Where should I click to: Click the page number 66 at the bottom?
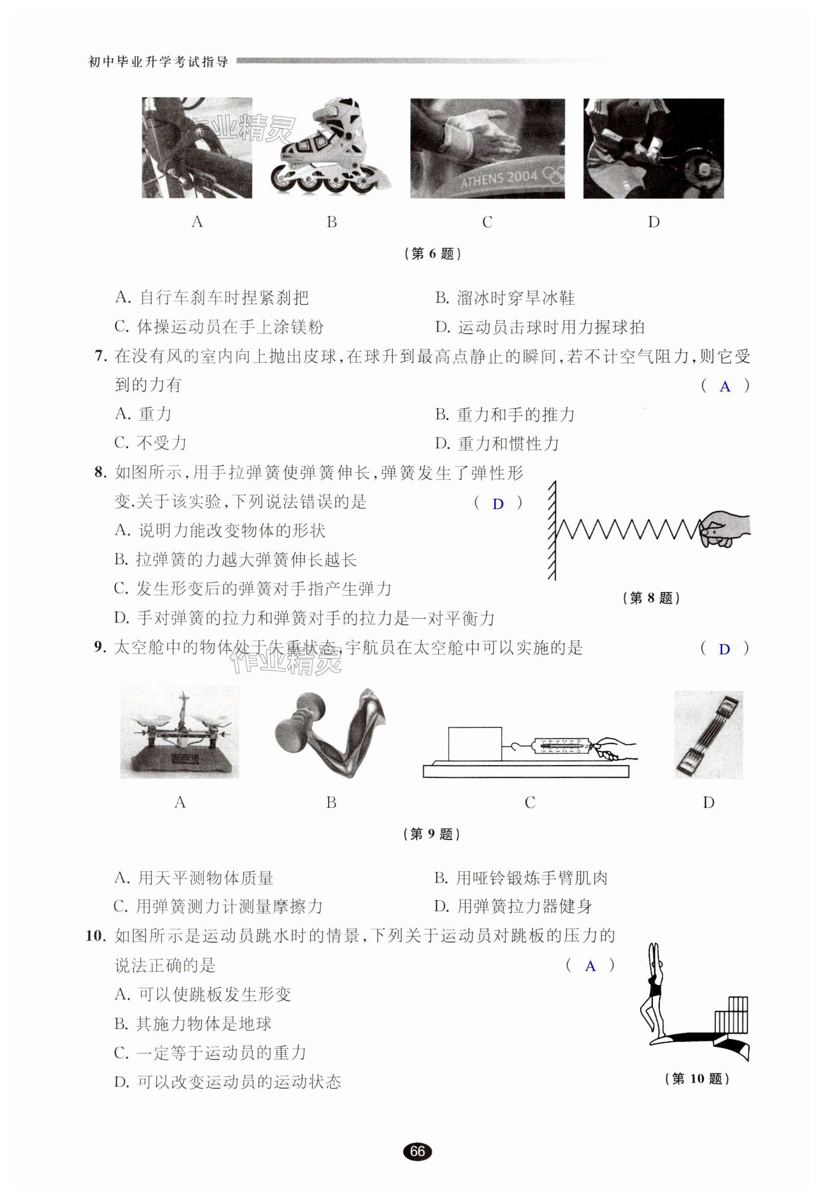click(x=417, y=1151)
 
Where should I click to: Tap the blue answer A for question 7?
click(x=725, y=387)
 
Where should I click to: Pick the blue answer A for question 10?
click(x=590, y=966)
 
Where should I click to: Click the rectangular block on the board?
click(x=475, y=743)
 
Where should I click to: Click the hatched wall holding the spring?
click(x=552, y=531)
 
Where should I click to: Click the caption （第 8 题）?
click(x=651, y=598)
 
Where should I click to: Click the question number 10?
click(x=96, y=936)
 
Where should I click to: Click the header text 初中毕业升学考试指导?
click(x=158, y=62)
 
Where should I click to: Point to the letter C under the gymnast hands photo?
click(x=487, y=222)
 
